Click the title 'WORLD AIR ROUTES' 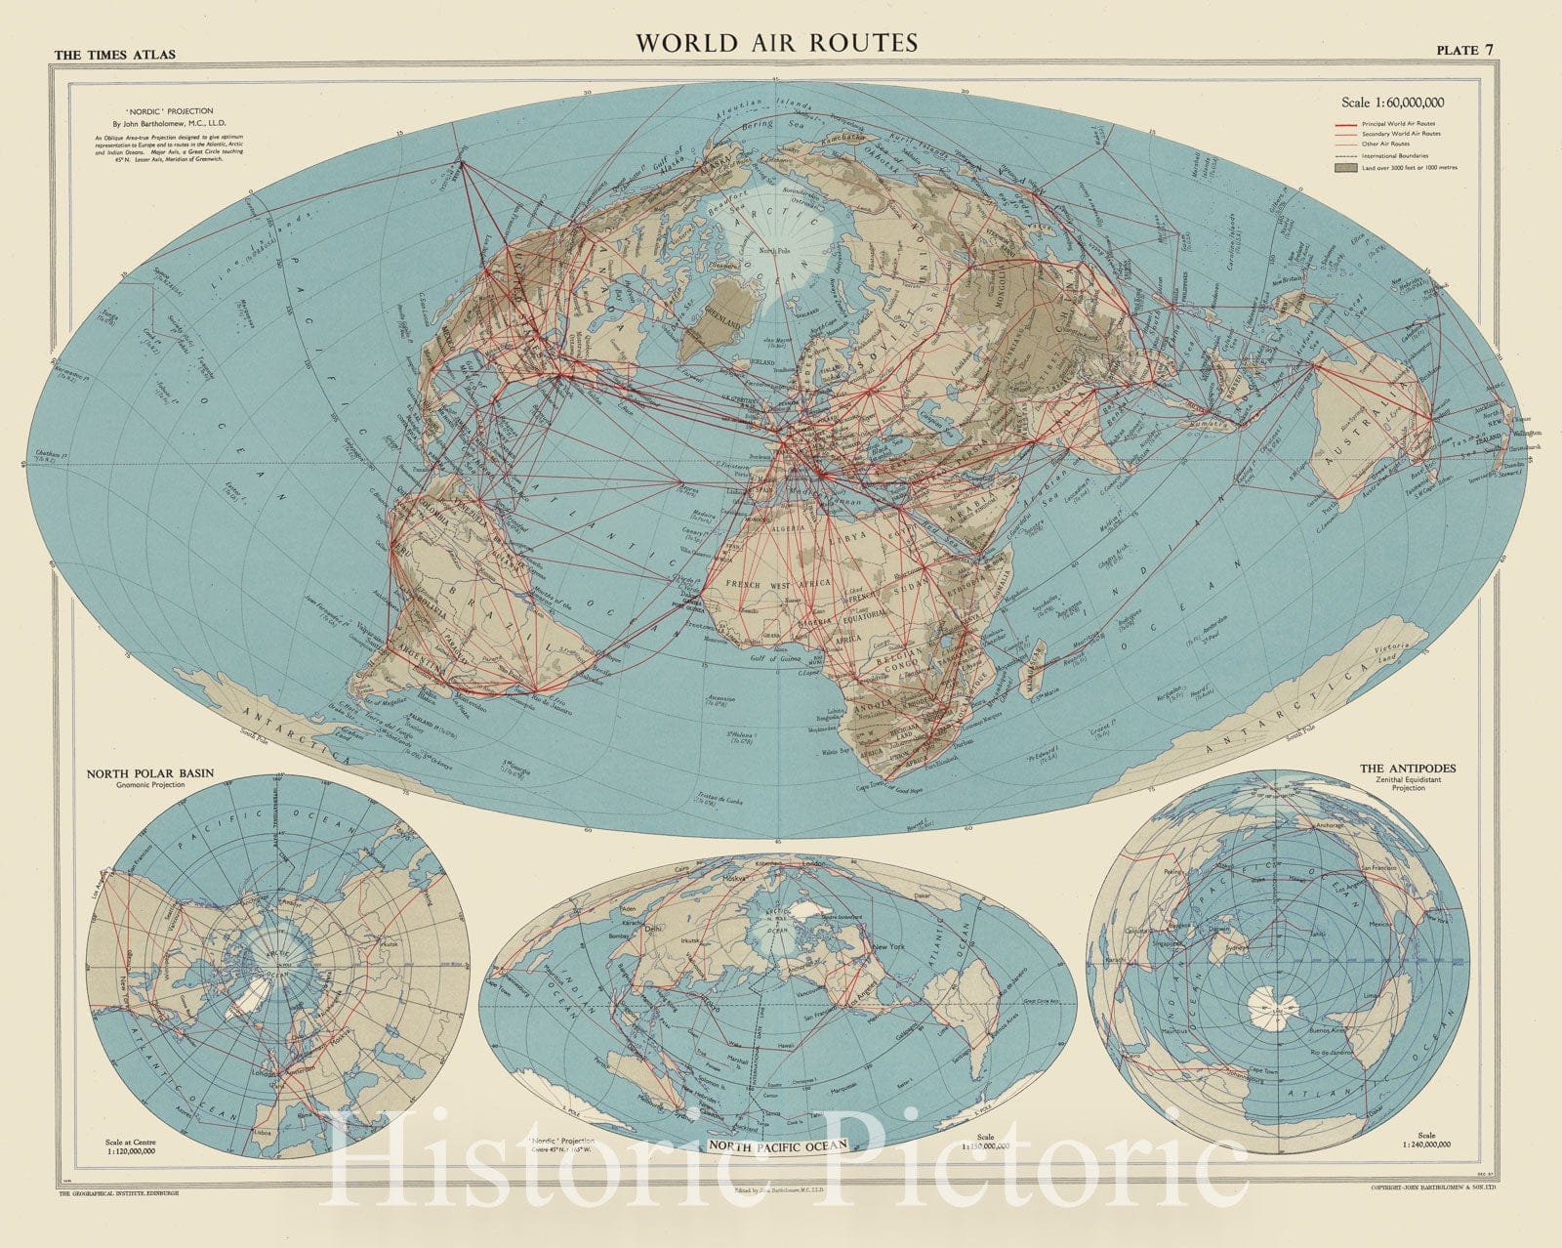pos(776,43)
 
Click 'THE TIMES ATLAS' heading pos(115,55)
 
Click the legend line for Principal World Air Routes pos(1352,124)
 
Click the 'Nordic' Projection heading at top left pos(177,111)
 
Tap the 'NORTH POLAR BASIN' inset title pos(150,772)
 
